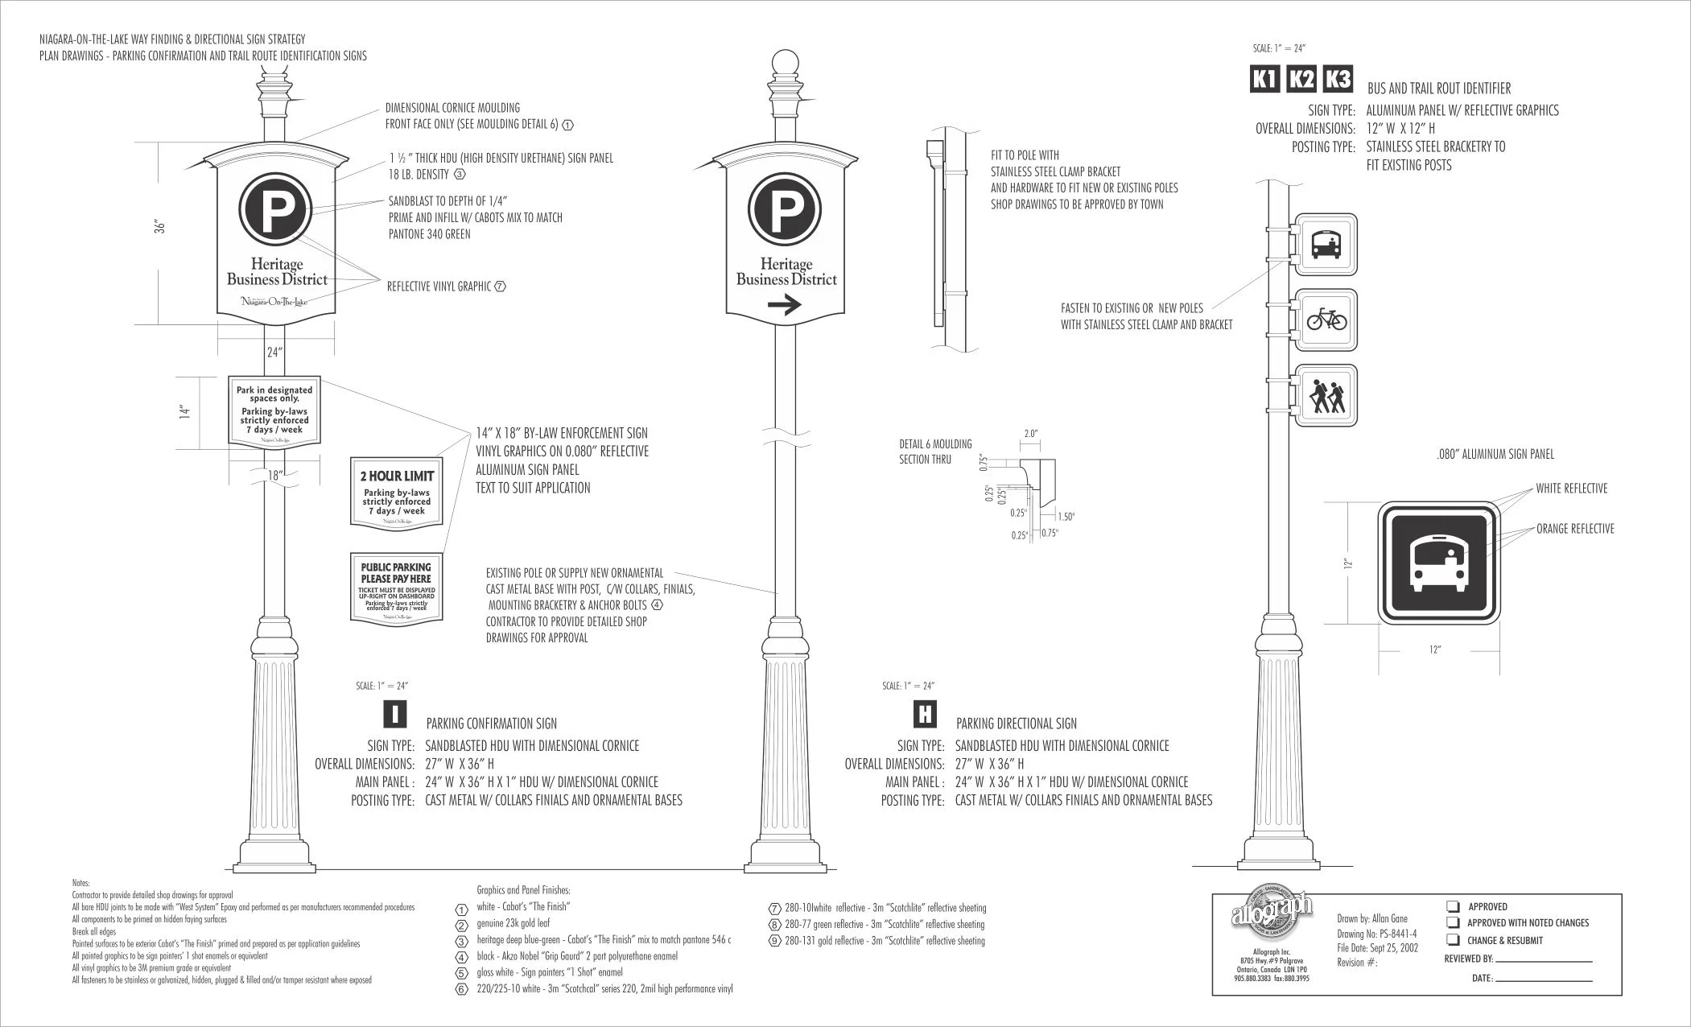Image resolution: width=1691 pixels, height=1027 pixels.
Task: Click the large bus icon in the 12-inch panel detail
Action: (1438, 563)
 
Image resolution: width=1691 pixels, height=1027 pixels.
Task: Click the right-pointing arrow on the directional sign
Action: (785, 305)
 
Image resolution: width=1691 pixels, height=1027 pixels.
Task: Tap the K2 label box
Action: (1301, 79)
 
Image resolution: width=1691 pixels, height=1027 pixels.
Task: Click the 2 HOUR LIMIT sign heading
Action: (397, 476)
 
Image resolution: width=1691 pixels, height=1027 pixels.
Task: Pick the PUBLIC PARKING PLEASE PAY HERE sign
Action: (396, 587)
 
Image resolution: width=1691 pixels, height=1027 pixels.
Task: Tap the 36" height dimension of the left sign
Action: (160, 227)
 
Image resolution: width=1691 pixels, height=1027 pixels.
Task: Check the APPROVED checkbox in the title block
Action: (1454, 906)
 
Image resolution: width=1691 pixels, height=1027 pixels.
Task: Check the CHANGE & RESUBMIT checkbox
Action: (1454, 939)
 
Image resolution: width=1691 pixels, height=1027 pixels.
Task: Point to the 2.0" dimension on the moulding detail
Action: (1031, 434)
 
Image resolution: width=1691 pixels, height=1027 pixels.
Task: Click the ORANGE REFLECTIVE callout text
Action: (1574, 529)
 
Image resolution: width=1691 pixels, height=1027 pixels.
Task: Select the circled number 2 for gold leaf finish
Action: (462, 926)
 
